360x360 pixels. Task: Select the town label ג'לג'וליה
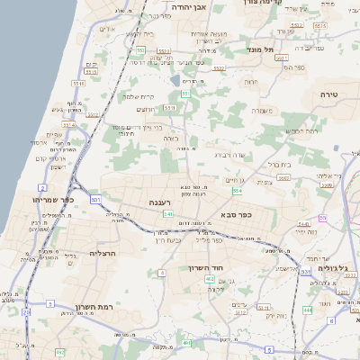pos(339,267)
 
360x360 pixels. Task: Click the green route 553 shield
pos(184,94)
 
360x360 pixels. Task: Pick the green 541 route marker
pos(167,213)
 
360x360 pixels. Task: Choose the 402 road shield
pos(210,280)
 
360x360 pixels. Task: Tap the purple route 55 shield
pos(322,218)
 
